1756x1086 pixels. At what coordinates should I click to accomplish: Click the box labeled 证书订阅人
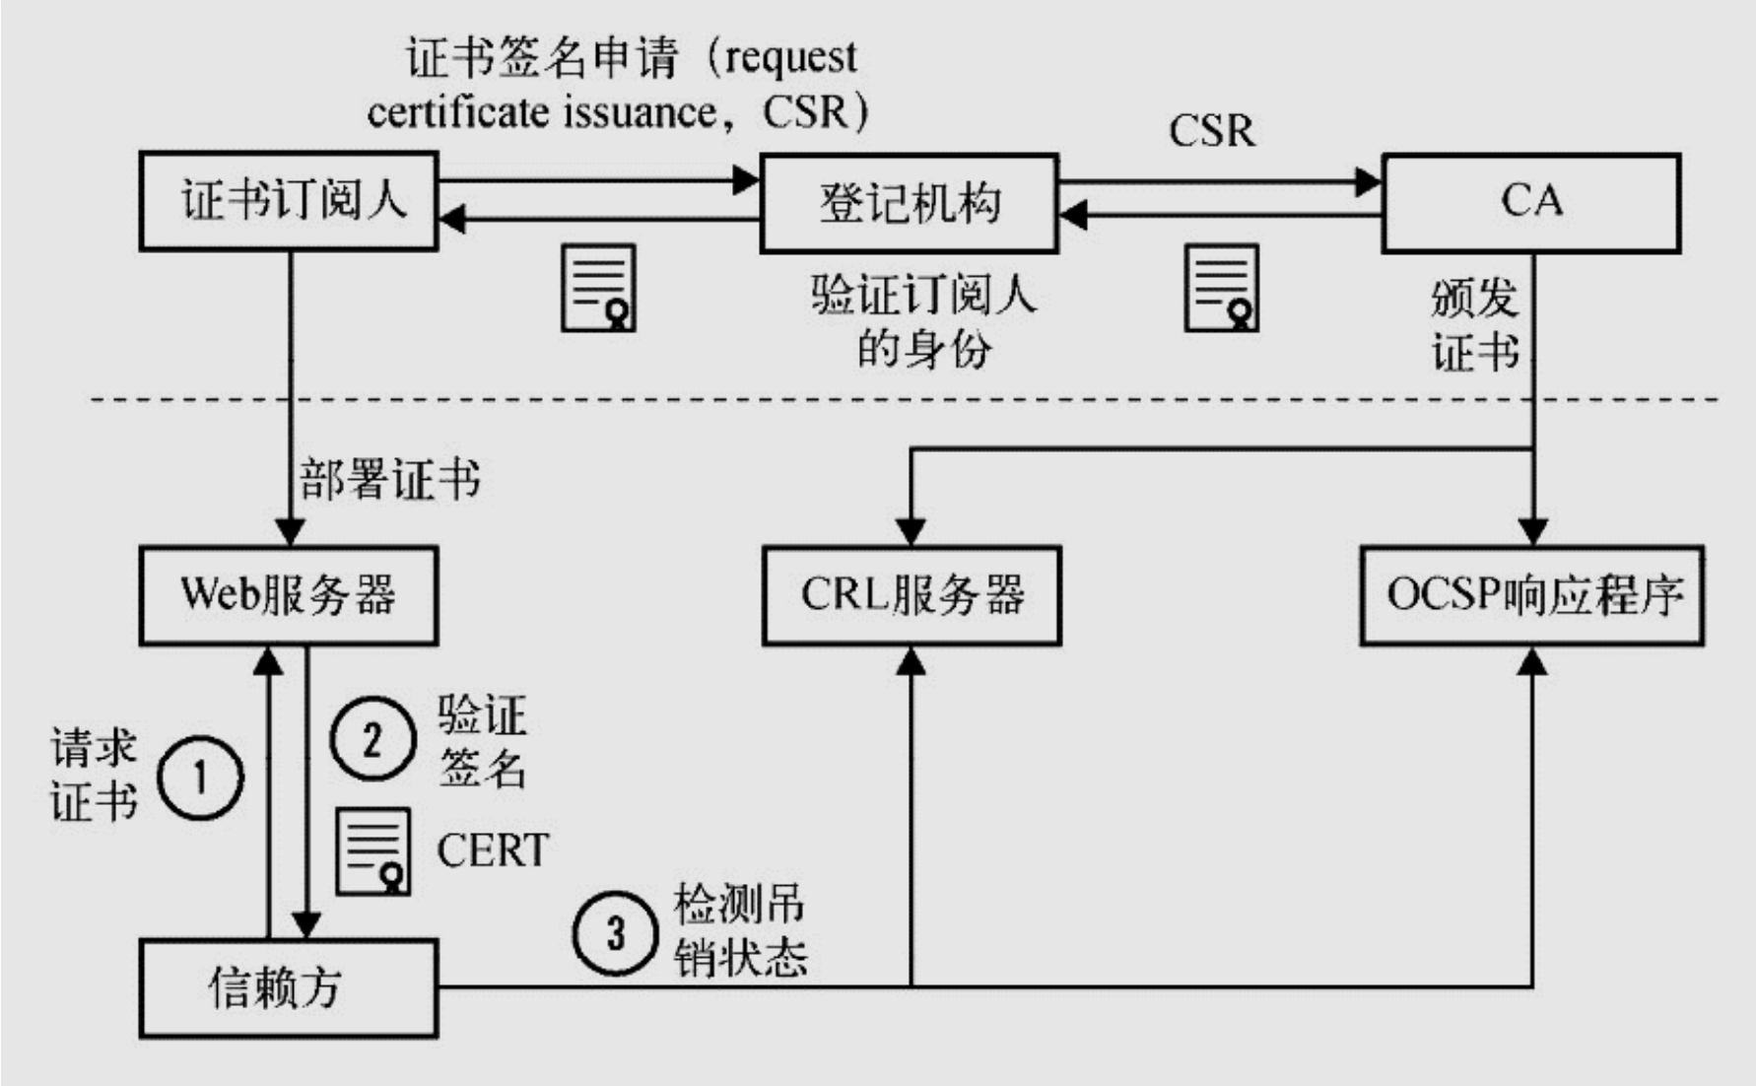[x=289, y=201]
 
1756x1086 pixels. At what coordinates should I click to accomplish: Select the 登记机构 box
[x=909, y=203]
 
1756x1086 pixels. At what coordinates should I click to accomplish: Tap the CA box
[x=1530, y=202]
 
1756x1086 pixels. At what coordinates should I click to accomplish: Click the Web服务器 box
[x=289, y=595]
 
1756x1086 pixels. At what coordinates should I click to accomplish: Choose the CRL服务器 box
[x=912, y=595]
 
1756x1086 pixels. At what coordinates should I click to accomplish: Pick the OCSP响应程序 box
[x=1531, y=595]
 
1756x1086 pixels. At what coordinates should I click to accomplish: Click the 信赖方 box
[x=289, y=987]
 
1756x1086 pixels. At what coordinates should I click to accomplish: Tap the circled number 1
[x=200, y=778]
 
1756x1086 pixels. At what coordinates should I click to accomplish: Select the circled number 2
[x=371, y=738]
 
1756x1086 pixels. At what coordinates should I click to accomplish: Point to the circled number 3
[x=615, y=932]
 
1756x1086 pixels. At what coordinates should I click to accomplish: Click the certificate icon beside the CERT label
[x=373, y=851]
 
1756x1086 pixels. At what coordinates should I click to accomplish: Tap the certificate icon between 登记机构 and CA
[x=1221, y=288]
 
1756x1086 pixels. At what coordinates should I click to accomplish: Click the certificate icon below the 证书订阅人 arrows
[x=598, y=288]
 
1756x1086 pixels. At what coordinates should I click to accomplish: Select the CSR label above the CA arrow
[x=1211, y=131]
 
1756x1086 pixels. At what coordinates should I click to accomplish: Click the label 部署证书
[x=390, y=480]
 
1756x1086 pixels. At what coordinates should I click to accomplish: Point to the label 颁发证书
[x=1474, y=325]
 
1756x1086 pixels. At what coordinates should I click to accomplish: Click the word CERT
[x=493, y=850]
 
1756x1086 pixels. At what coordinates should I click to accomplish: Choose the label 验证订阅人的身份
[x=923, y=321]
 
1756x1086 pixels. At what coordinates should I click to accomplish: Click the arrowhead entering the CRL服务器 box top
[x=912, y=531]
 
